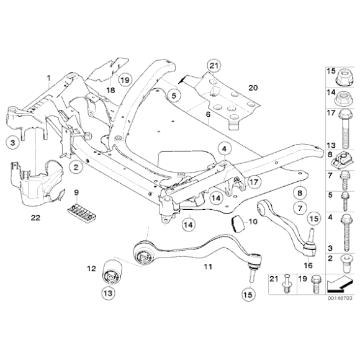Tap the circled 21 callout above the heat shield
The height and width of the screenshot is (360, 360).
(214, 66)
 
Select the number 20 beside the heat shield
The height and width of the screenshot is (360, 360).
(251, 88)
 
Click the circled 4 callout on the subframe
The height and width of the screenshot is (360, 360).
(223, 149)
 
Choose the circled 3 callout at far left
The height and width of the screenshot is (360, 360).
(12, 143)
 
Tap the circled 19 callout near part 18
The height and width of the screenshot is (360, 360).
(124, 81)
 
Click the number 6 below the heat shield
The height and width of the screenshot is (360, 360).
(208, 115)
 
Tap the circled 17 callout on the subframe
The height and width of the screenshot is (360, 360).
(253, 182)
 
